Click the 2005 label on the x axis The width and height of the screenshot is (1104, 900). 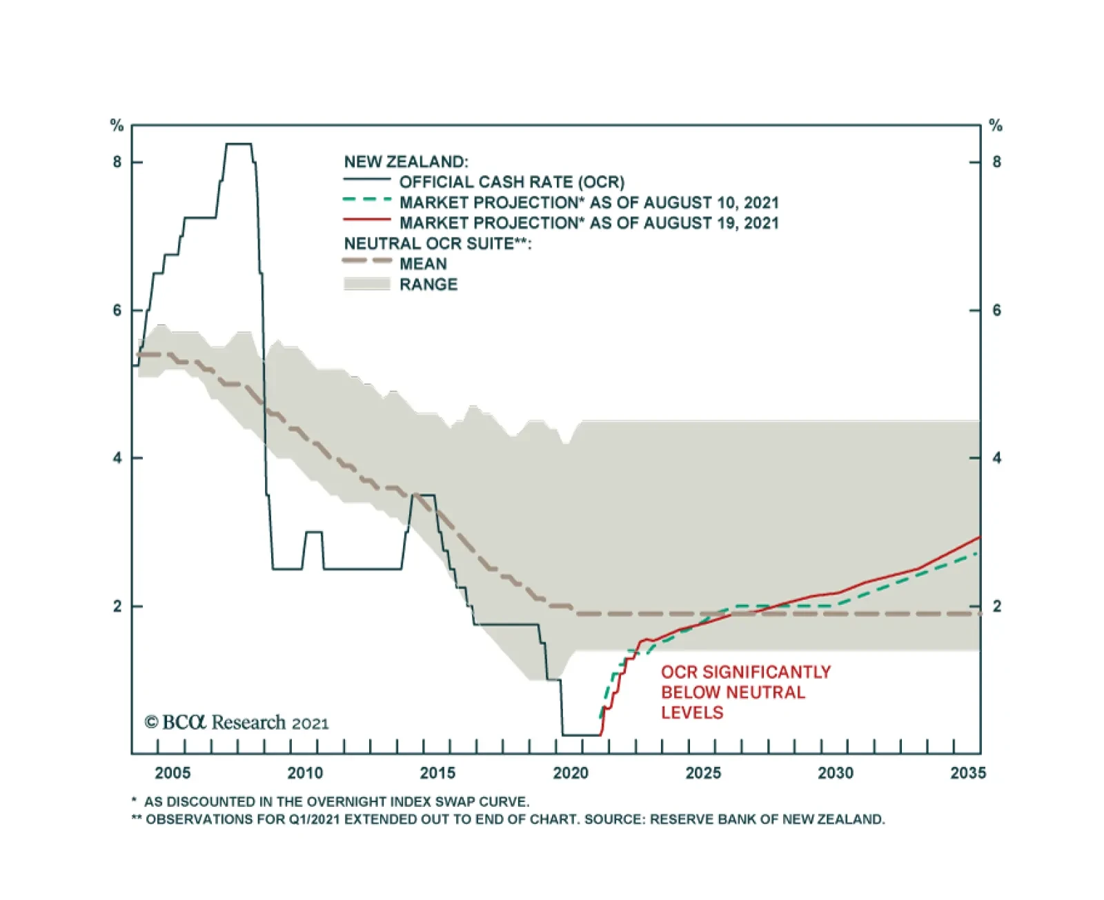172,772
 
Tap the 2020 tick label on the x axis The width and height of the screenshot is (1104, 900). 571,772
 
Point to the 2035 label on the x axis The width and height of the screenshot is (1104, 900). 968,772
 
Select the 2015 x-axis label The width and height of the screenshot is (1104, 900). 437,772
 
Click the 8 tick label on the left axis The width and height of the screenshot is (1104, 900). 117,162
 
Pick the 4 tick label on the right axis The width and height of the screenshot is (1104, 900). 996,458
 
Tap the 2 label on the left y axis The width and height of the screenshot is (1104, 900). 117,606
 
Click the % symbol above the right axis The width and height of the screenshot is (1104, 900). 996,126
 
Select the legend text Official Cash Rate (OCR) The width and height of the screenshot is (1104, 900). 511,182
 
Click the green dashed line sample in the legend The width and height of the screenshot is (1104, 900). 367,200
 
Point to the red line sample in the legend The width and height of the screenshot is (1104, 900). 367,220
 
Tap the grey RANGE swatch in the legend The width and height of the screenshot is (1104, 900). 367,284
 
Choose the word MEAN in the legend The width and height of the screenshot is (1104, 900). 423,264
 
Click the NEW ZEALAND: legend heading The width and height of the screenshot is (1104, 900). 406,162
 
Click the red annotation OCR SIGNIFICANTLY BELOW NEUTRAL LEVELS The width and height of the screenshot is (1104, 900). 745,692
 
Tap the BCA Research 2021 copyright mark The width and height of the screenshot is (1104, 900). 237,723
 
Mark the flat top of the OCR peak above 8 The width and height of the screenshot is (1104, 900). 239,144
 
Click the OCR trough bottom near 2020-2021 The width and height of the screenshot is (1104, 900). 582,735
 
